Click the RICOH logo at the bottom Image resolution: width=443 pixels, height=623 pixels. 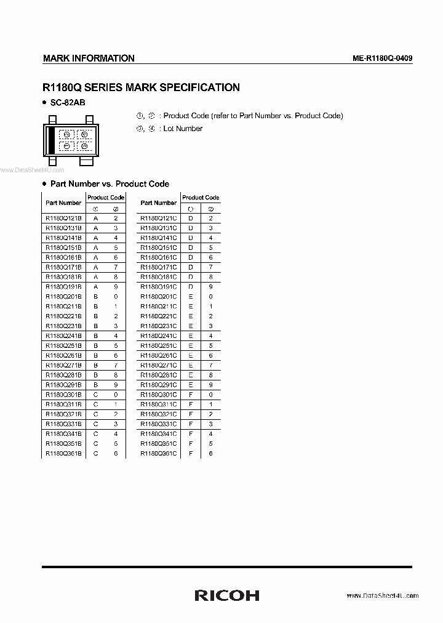coord(226,595)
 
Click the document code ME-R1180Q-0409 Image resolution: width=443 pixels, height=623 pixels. coord(382,58)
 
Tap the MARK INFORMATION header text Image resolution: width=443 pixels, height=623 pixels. coord(89,58)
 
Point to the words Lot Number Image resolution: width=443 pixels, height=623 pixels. coord(183,129)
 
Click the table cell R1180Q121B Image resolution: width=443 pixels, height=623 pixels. coord(63,218)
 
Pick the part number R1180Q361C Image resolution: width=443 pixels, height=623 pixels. coord(159,453)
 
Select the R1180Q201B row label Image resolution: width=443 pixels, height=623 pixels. coord(63,297)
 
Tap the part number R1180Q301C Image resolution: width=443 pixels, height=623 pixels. coord(159,395)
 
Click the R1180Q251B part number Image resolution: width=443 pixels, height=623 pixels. coord(63,345)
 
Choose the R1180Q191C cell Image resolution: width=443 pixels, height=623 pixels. coord(159,287)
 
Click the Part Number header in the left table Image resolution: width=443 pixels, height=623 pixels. coord(63,203)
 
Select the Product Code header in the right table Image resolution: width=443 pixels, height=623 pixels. coord(201,198)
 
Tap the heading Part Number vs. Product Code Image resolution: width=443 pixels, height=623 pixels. coord(110,183)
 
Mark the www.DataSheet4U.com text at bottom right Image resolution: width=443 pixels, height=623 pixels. coord(382,596)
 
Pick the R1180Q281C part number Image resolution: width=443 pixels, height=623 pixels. coord(159,375)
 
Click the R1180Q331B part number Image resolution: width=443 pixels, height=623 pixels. coord(63,424)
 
